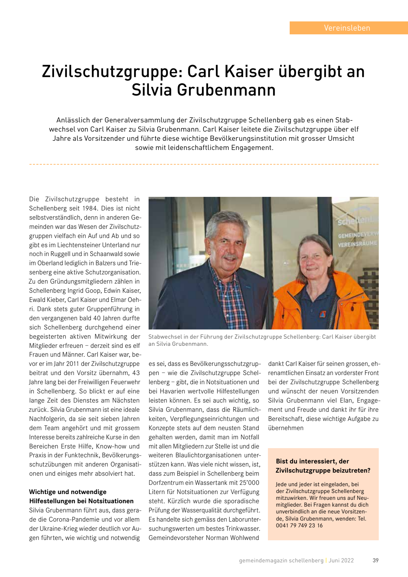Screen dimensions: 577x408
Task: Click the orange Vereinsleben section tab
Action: click(347, 28)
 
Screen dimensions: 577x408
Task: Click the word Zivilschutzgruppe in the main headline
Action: click(112, 72)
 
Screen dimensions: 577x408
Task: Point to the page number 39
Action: click(375, 560)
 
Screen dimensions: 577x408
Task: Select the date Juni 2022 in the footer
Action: click(341, 560)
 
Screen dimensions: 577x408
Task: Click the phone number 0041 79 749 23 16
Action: click(299, 525)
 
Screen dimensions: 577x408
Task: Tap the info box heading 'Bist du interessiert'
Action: click(312, 461)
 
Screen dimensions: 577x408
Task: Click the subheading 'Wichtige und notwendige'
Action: click(68, 492)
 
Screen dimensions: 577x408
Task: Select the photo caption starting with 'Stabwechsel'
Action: click(262, 340)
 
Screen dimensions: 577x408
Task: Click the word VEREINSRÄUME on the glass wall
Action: click(357, 243)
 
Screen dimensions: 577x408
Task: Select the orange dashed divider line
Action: click(204, 164)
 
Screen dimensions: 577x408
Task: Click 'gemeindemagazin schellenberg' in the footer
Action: click(281, 560)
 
